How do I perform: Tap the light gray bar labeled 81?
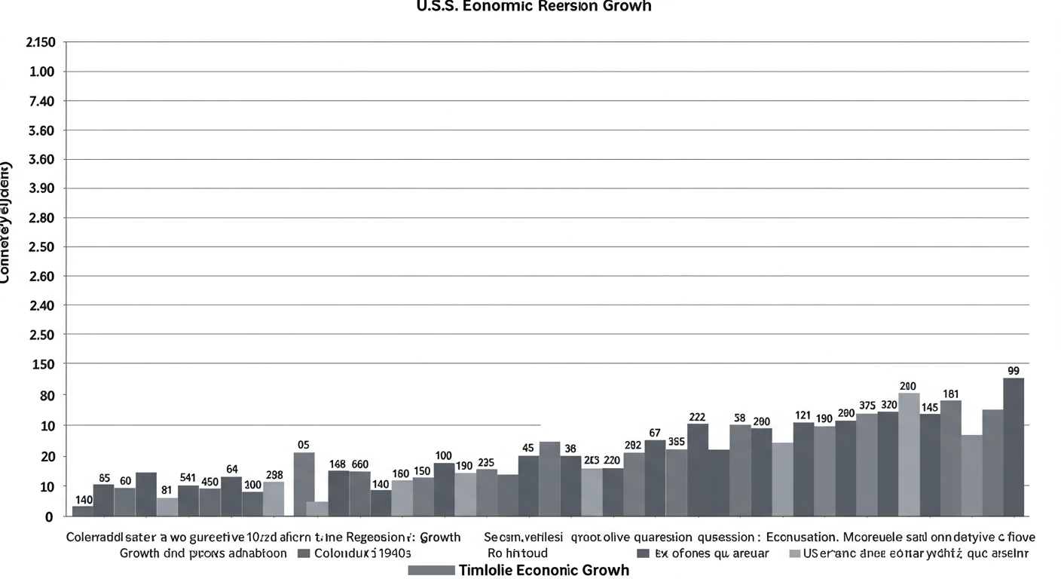pyautogui.click(x=167, y=507)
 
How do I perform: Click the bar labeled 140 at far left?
pyautogui.click(x=83, y=510)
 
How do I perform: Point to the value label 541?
pyautogui.click(x=188, y=478)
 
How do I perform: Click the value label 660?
pyautogui.click(x=359, y=464)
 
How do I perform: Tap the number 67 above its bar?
pyautogui.click(x=654, y=433)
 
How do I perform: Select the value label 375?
pyautogui.click(x=867, y=406)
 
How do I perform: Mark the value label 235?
pyautogui.click(x=486, y=462)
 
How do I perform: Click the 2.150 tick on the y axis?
pyautogui.click(x=41, y=42)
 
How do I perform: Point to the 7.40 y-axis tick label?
pyautogui.click(x=42, y=101)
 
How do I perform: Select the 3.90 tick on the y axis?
pyautogui.click(x=42, y=188)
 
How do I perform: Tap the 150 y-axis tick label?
pyautogui.click(x=43, y=364)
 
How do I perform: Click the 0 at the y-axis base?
pyautogui.click(x=49, y=517)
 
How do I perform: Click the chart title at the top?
pyautogui.click(x=534, y=7)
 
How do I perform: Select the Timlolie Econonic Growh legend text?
pyautogui.click(x=543, y=570)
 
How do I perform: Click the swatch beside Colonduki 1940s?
pyautogui.click(x=304, y=553)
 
